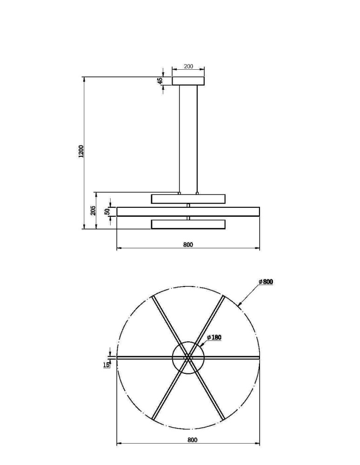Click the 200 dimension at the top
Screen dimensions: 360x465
[188, 66]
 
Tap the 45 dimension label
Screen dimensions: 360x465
[160, 80]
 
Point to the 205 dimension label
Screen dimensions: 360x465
[93, 210]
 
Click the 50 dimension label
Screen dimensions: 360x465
[107, 212]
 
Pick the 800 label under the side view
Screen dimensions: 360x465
[188, 245]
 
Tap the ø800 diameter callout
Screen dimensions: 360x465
[266, 282]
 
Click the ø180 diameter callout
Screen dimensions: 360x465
[214, 338]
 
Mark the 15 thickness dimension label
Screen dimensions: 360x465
[106, 365]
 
